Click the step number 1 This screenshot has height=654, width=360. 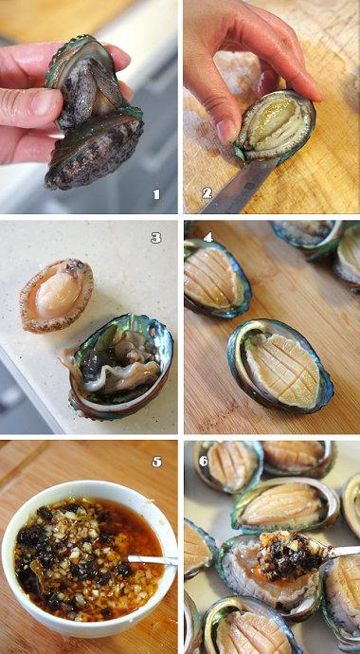[x=156, y=194]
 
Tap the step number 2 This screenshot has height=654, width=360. [x=207, y=192]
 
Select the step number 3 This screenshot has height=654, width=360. [x=155, y=238]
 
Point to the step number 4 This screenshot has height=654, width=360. [x=207, y=237]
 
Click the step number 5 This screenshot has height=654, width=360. [x=156, y=462]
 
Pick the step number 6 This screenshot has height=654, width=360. [x=204, y=461]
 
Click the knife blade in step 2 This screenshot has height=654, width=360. [x=239, y=186]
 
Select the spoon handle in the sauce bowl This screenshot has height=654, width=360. [x=153, y=560]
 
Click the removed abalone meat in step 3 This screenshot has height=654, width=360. [x=56, y=296]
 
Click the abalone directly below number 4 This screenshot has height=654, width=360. [x=217, y=279]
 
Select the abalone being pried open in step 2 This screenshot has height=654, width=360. [x=276, y=125]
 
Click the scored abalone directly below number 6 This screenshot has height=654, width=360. [x=227, y=468]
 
